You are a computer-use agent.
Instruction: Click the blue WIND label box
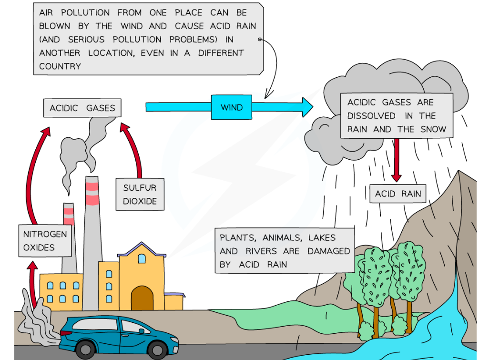tap(232, 107)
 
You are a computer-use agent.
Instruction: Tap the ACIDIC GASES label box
tap(82, 108)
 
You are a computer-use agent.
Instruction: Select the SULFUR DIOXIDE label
tap(140, 195)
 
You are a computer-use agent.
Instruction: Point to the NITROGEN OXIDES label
tap(45, 241)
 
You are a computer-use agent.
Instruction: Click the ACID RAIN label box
tap(398, 194)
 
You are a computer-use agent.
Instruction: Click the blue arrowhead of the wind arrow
tap(305, 107)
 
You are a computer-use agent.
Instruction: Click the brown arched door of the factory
tap(142, 298)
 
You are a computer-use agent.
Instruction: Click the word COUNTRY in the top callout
tap(60, 66)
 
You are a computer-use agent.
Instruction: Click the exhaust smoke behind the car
tap(36, 324)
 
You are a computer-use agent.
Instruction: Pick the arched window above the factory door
tap(142, 258)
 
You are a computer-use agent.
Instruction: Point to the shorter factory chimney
tap(69, 238)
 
